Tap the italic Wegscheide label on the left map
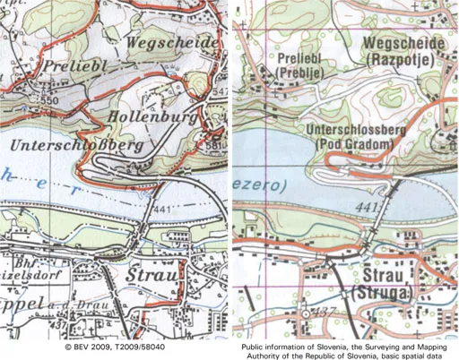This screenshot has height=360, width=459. pos(173,42)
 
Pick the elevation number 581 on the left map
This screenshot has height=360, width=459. pos(212,144)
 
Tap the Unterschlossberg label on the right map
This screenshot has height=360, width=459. pos(358,131)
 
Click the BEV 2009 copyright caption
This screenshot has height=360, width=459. pos(116,344)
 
